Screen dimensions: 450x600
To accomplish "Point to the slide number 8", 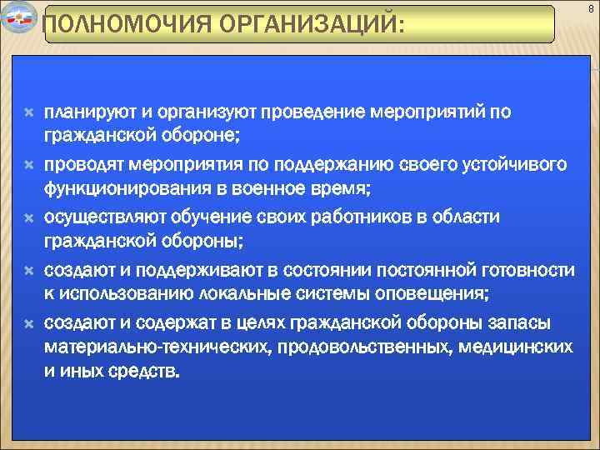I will pyautogui.click(x=590, y=8).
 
